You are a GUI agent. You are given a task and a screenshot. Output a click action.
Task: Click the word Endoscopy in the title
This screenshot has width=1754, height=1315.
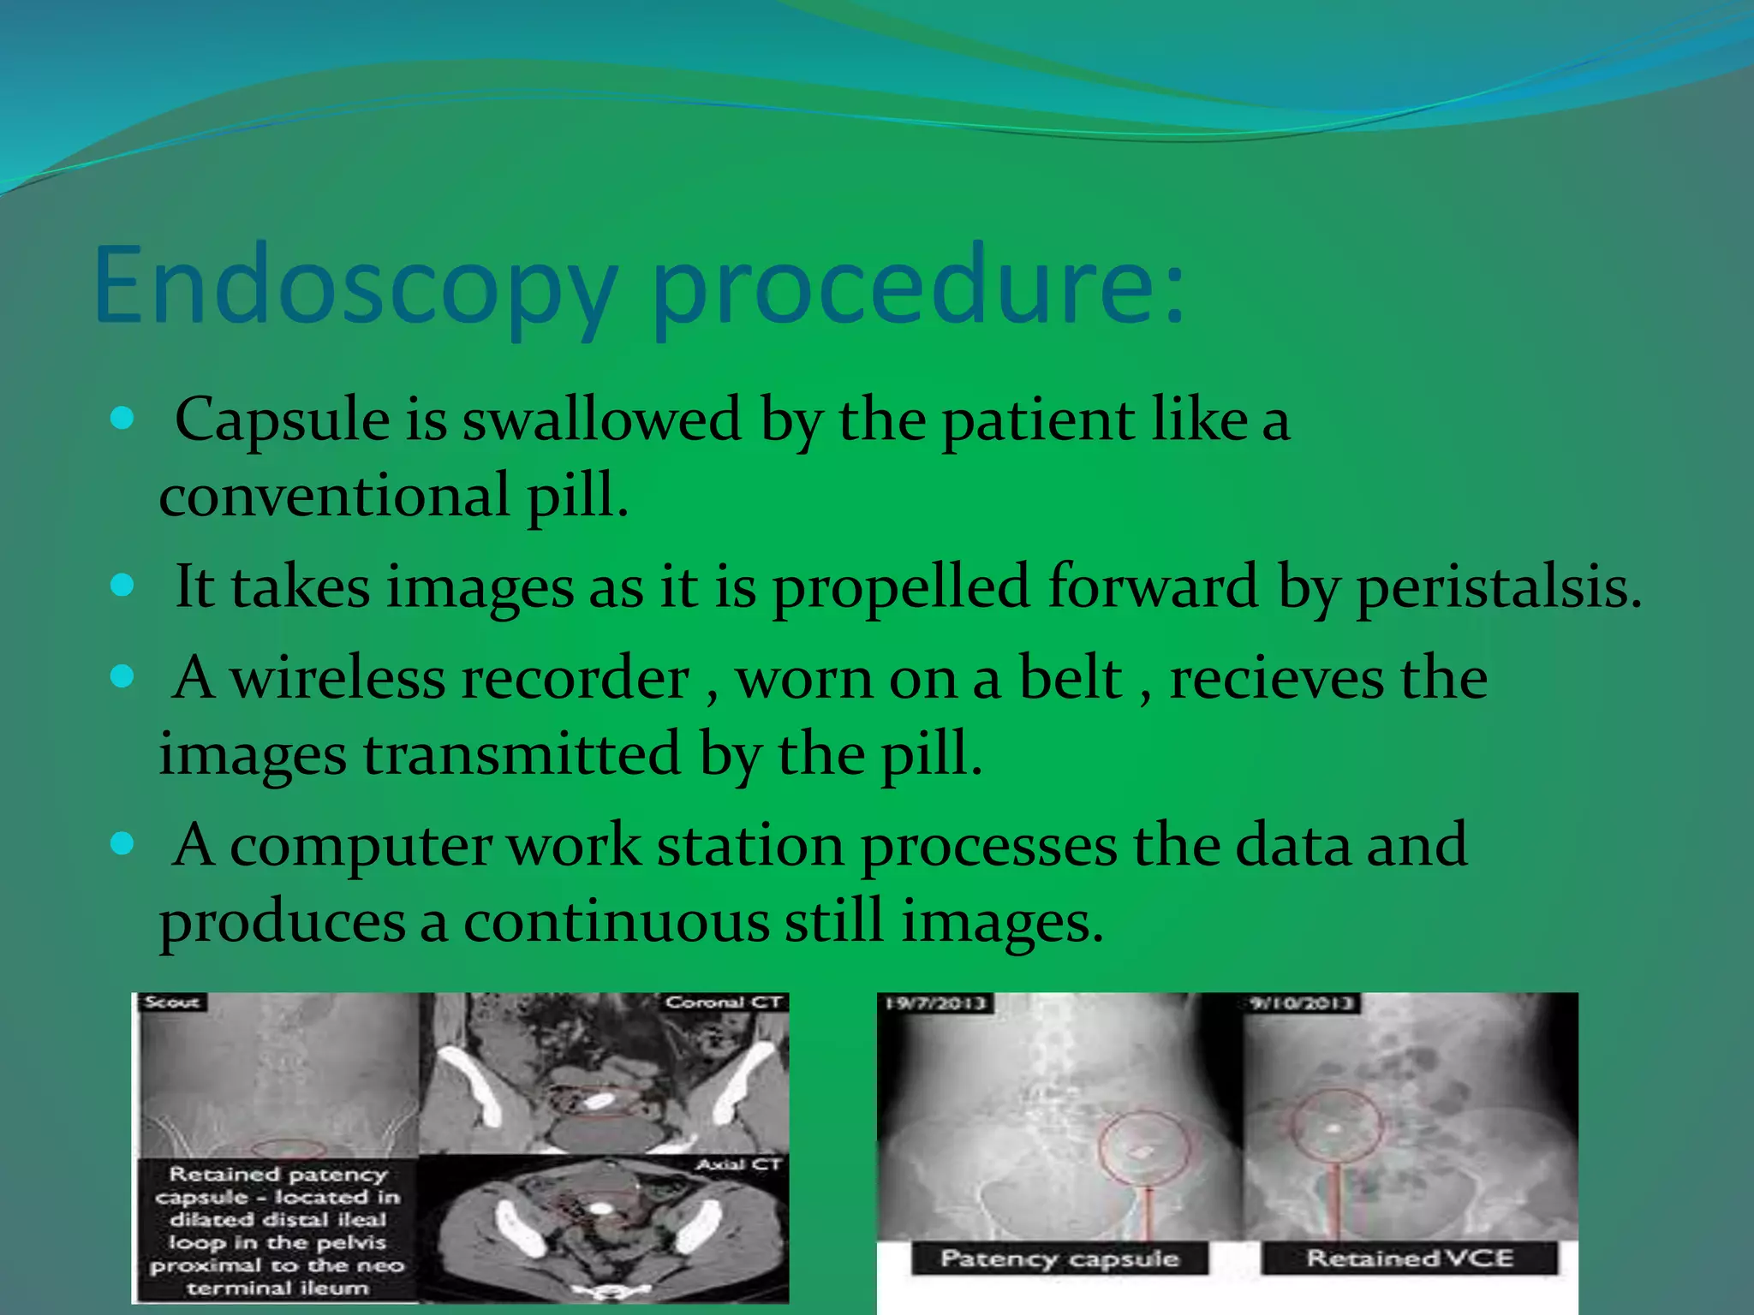tap(355, 287)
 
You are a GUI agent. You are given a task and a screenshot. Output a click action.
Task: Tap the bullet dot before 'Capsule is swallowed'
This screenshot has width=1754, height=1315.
tap(123, 419)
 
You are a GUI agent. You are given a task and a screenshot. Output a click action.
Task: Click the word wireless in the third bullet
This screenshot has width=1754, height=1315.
tap(338, 679)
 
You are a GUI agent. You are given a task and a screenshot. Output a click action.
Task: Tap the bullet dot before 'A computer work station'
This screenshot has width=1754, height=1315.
tap(123, 845)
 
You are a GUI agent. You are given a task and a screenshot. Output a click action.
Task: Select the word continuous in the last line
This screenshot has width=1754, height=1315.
tap(617, 922)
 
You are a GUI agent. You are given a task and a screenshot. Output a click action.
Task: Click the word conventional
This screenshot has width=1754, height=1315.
tap(334, 496)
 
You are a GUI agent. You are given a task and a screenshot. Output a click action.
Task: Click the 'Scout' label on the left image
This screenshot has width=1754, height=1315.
tap(171, 1003)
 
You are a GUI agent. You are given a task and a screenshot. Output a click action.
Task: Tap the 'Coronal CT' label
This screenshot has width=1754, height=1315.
tap(724, 1003)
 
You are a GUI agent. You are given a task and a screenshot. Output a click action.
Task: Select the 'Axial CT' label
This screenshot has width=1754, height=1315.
tap(738, 1164)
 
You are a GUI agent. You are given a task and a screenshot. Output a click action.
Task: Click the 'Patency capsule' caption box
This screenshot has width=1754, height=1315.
tap(1059, 1258)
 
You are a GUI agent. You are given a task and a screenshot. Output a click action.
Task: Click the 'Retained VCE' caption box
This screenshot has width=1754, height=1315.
tap(1409, 1258)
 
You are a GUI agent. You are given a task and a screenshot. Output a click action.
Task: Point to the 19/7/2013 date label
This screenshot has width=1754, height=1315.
tap(935, 1003)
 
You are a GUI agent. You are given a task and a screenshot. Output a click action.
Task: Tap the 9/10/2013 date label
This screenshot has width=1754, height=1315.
tap(1300, 1003)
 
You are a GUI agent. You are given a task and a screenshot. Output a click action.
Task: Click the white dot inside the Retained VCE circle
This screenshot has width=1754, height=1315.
tap(1333, 1129)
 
